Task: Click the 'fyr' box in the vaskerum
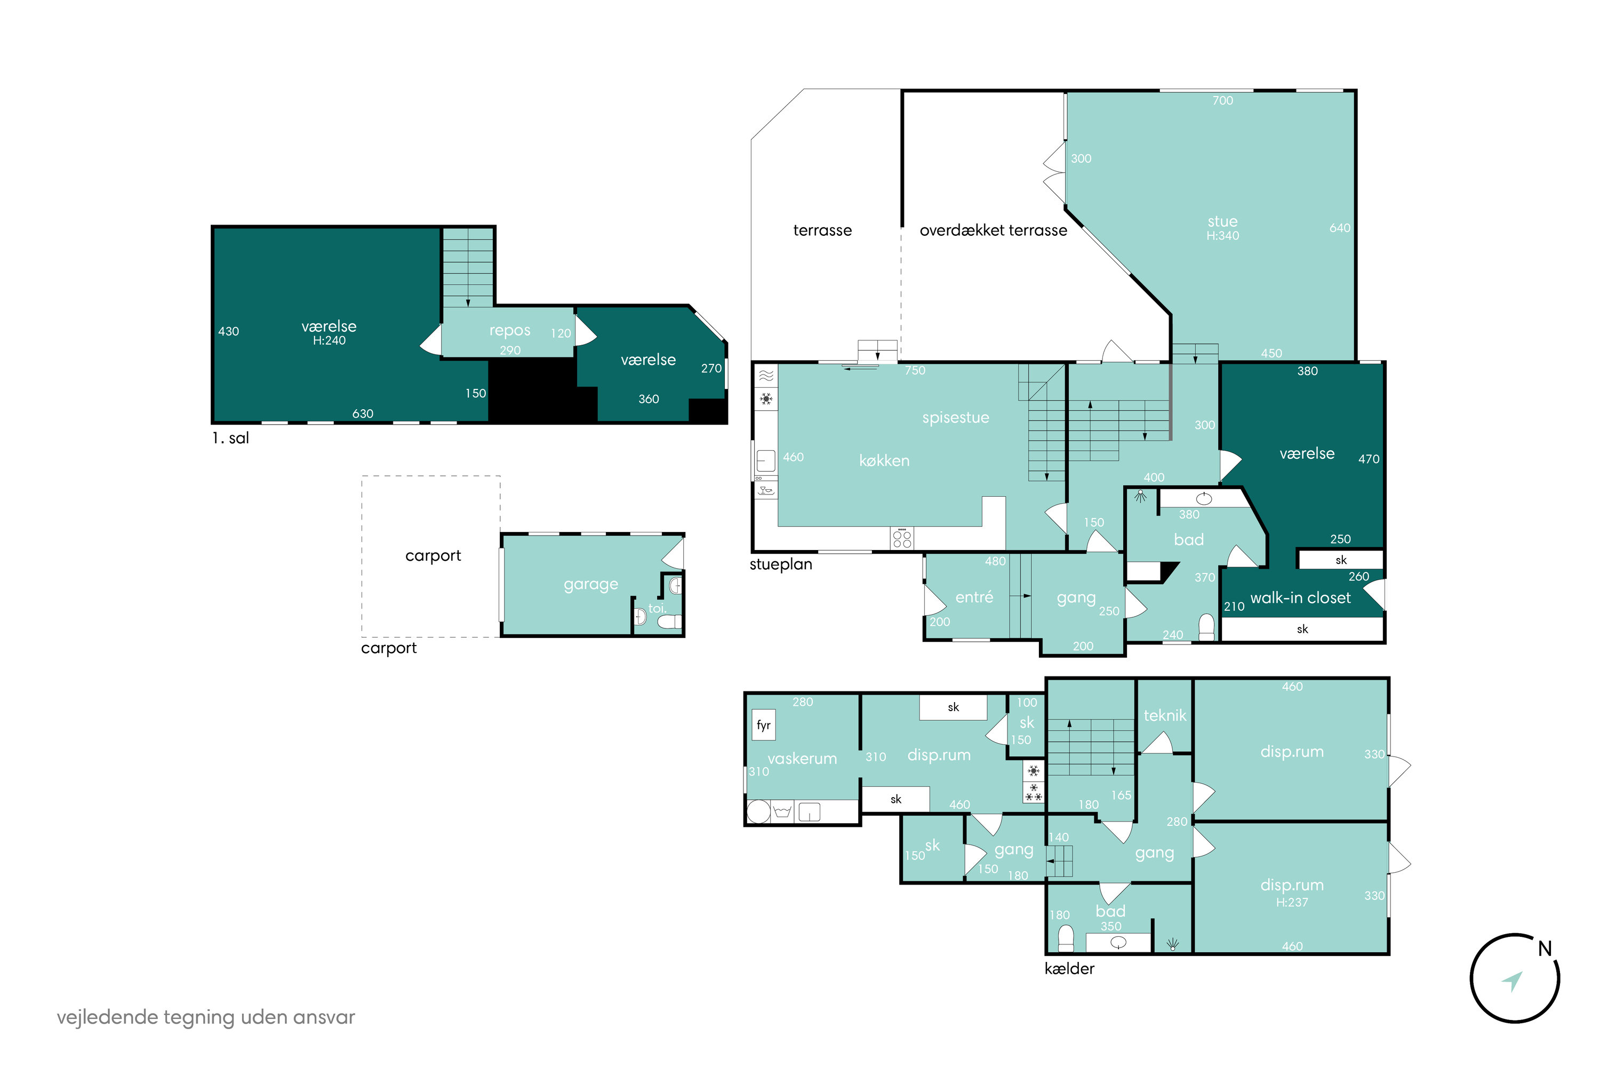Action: point(763,724)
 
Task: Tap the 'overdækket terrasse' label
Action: point(993,230)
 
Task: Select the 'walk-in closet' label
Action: point(1300,598)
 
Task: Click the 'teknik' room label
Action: point(1165,715)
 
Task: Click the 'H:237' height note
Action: point(1292,902)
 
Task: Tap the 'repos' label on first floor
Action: point(509,331)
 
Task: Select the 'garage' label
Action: point(590,585)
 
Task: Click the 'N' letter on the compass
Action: point(1545,948)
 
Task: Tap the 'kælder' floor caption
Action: point(1069,968)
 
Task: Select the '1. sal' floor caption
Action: point(230,438)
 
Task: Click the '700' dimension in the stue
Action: point(1222,101)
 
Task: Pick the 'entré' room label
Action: point(974,597)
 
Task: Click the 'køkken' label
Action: point(884,461)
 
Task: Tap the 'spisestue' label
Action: point(956,418)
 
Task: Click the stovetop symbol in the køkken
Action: point(902,538)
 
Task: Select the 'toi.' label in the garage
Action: point(657,608)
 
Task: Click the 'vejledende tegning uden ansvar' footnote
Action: point(206,1017)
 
